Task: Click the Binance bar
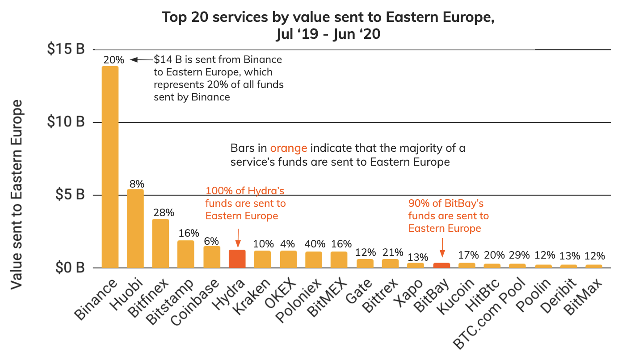point(110,167)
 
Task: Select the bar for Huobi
point(135,228)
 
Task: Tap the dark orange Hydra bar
point(237,259)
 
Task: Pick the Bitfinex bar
point(160,243)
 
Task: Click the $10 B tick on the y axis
point(66,122)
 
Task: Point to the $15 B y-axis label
point(66,50)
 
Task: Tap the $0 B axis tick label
point(69,268)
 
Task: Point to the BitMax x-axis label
point(583,297)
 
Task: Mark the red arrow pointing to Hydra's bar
point(238,238)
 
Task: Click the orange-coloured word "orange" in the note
point(288,148)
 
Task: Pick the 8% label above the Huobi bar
point(137,184)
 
